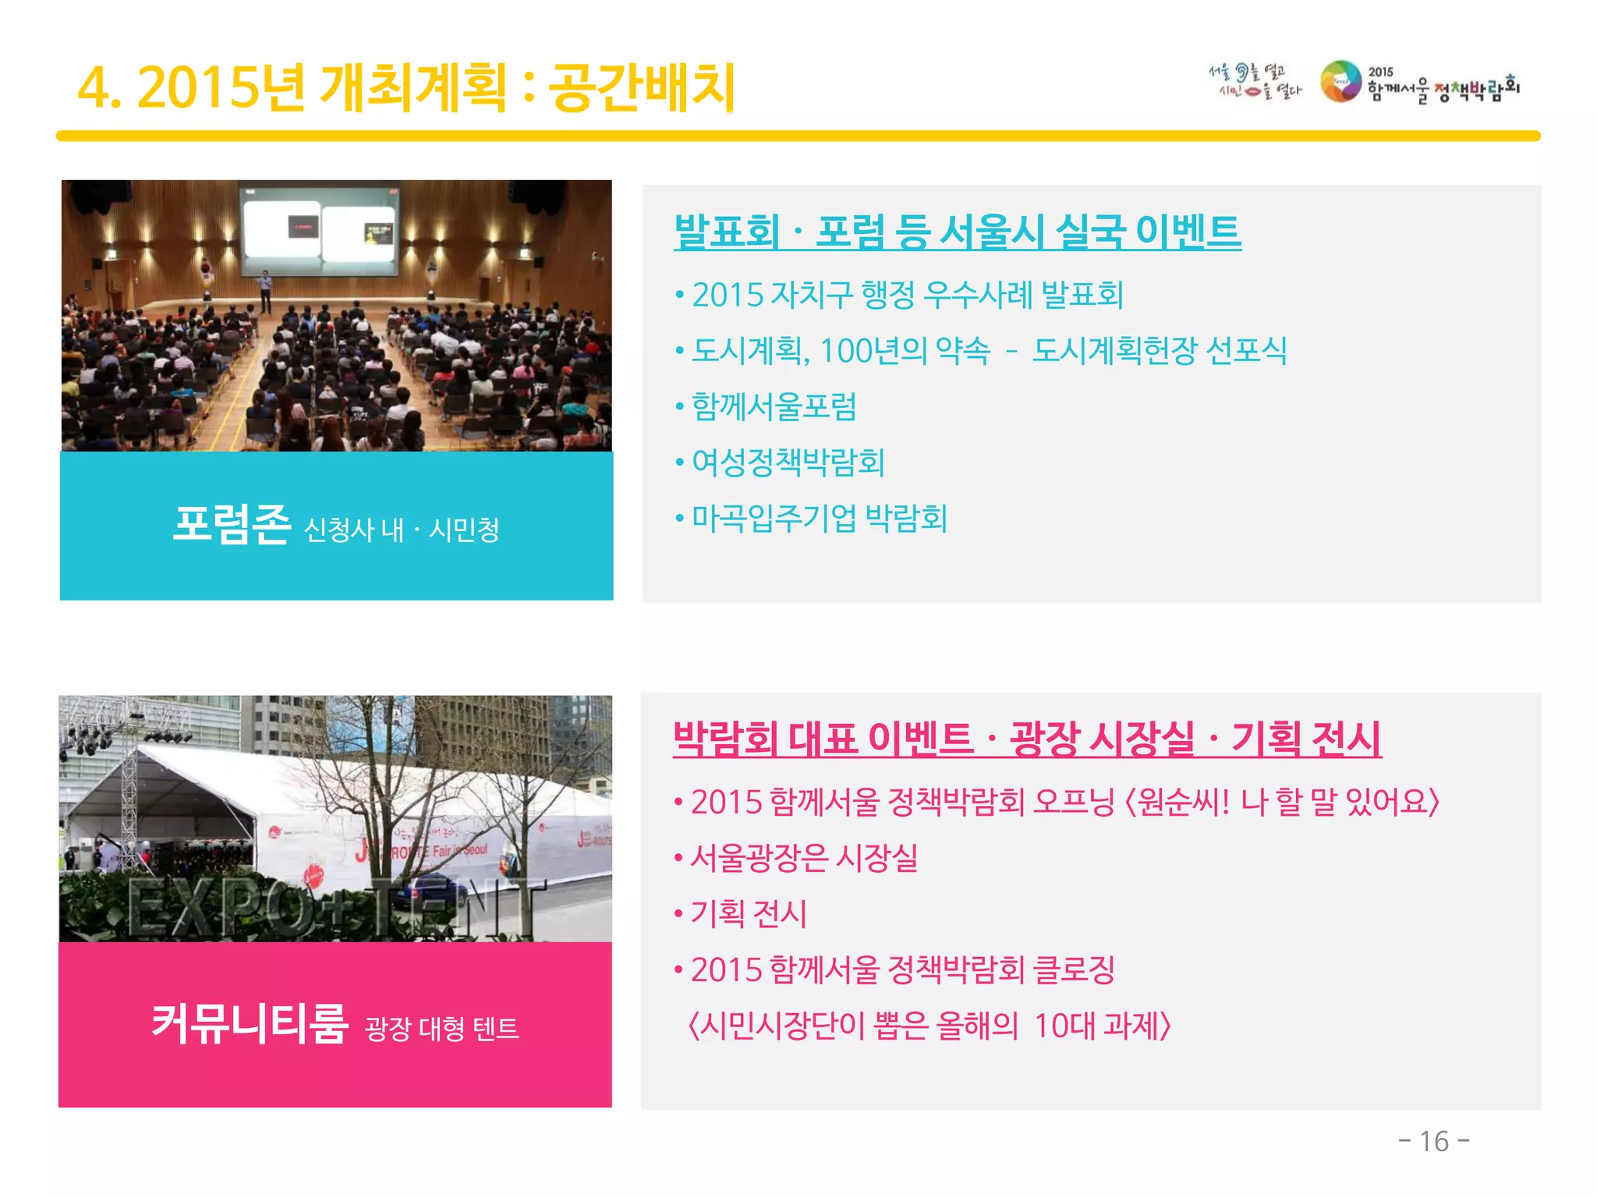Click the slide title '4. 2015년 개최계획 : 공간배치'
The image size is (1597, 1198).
click(405, 87)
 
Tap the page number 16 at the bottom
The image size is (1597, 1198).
click(1434, 1141)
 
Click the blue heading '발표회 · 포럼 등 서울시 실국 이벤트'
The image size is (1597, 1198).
click(958, 232)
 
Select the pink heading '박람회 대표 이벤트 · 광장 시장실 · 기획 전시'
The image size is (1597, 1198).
click(1027, 738)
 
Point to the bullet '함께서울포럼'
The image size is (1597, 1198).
click(774, 406)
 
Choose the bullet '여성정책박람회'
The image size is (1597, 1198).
click(788, 463)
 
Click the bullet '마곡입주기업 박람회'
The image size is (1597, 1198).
click(819, 519)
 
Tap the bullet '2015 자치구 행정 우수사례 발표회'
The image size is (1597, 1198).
click(908, 295)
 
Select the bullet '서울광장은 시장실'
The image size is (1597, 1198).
click(804, 858)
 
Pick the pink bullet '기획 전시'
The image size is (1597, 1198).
click(749, 913)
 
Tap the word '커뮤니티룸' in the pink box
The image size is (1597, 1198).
click(250, 1023)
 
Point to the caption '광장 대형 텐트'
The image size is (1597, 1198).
click(441, 1029)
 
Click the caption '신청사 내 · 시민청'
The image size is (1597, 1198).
click(402, 530)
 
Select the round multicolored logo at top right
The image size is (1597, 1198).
click(1340, 82)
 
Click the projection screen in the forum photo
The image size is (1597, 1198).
click(320, 231)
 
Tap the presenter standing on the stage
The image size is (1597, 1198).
click(266, 289)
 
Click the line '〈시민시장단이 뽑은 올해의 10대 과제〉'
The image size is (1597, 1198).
click(930, 1026)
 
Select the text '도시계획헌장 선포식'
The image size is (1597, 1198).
click(1159, 351)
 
